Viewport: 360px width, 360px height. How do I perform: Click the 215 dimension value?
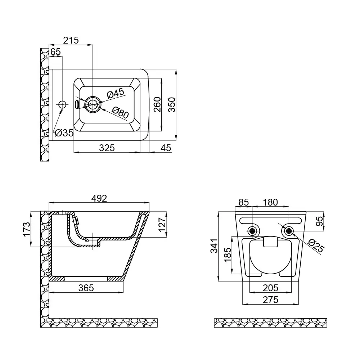pyautogui.click(x=71, y=40)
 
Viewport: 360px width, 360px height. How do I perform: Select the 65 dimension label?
pyautogui.click(x=55, y=52)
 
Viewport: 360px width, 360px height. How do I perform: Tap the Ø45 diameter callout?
pyautogui.click(x=116, y=93)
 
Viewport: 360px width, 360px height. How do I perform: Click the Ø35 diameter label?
pyautogui.click(x=64, y=133)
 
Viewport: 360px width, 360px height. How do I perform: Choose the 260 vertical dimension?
pyautogui.click(x=157, y=104)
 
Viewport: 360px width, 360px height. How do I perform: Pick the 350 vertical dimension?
pyautogui.click(x=172, y=105)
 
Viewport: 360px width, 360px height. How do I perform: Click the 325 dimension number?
pyautogui.click(x=107, y=148)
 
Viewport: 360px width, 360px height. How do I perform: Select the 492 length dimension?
pyautogui.click(x=99, y=198)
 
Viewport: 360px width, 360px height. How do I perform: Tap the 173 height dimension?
pyautogui.click(x=27, y=229)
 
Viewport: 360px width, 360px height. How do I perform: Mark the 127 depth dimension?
pyautogui.click(x=162, y=225)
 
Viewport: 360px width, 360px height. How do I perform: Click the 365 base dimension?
pyautogui.click(x=86, y=288)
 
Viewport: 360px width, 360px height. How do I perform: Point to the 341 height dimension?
pyautogui.click(x=214, y=246)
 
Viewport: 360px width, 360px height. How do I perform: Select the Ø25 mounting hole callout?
pyautogui.click(x=316, y=246)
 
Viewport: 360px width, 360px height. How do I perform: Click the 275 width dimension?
pyautogui.click(x=270, y=300)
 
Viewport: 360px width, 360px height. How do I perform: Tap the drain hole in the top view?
pyautogui.click(x=93, y=104)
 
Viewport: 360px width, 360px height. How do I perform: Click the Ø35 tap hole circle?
pyautogui.click(x=62, y=105)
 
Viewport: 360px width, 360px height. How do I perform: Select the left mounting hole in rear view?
pyautogui.click(x=252, y=231)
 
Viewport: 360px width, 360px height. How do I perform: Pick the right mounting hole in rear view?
pyautogui.click(x=289, y=231)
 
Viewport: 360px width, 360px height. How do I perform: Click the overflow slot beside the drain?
pyautogui.click(x=77, y=104)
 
